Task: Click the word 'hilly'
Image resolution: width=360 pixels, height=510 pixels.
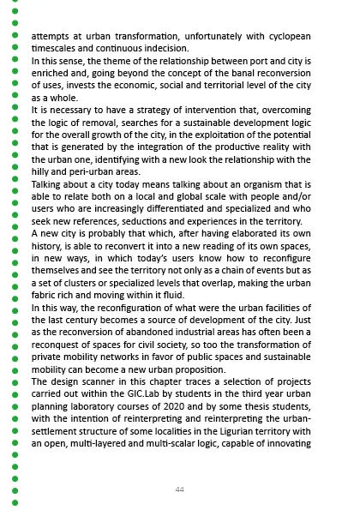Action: pos(44,172)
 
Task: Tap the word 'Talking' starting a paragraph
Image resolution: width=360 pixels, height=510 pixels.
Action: pos(49,185)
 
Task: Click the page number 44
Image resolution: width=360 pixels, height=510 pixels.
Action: pos(179,489)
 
